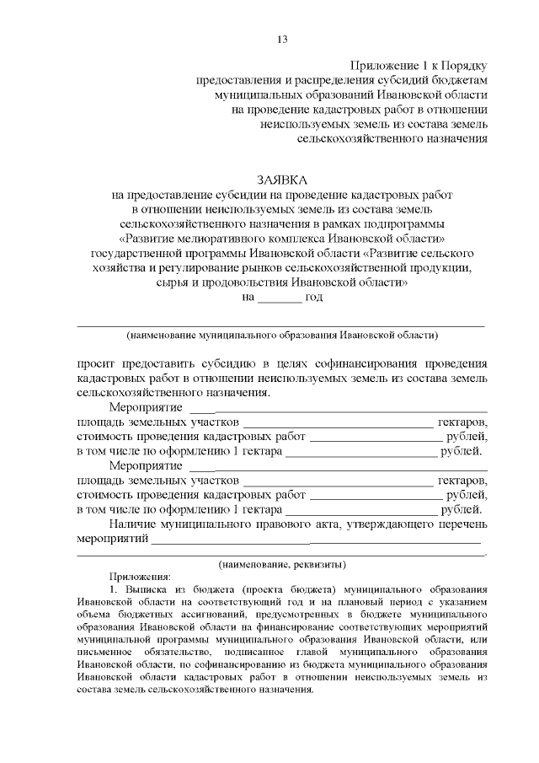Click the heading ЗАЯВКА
pyautogui.click(x=282, y=179)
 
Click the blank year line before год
pyautogui.click(x=279, y=298)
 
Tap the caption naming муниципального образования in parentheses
pyautogui.click(x=282, y=336)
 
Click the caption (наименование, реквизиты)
pyautogui.click(x=282, y=563)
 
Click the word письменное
pyautogui.click(x=104, y=653)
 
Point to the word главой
pyautogui.click(x=296, y=653)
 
